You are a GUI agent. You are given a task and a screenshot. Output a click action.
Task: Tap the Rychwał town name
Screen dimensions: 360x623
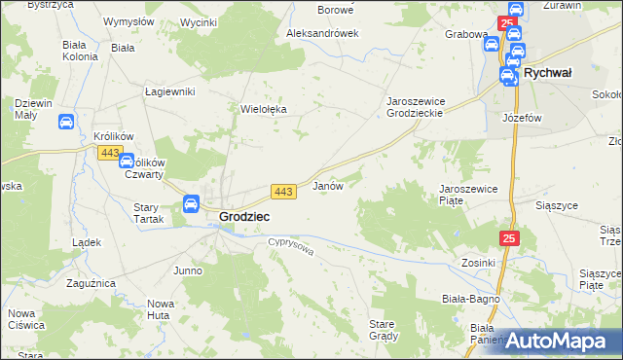tap(548, 73)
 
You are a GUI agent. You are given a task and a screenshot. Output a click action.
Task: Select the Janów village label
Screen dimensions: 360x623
tap(327, 185)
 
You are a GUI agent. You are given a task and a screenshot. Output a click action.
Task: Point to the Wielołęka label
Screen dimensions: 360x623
tap(264, 110)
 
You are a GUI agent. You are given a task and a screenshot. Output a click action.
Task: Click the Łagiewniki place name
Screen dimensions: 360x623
tap(170, 91)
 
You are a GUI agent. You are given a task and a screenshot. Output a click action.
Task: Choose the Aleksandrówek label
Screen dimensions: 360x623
tap(322, 32)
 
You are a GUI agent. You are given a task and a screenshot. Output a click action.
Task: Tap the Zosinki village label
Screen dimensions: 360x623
tap(479, 263)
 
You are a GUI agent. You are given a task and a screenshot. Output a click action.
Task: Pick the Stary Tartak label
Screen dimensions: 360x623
tap(152, 213)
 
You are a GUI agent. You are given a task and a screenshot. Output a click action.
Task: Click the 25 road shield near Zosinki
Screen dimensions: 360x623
tap(511, 237)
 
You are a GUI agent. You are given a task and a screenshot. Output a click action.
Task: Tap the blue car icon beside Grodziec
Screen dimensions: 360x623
tap(191, 204)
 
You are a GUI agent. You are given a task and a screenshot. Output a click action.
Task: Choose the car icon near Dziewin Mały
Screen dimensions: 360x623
tap(65, 123)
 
